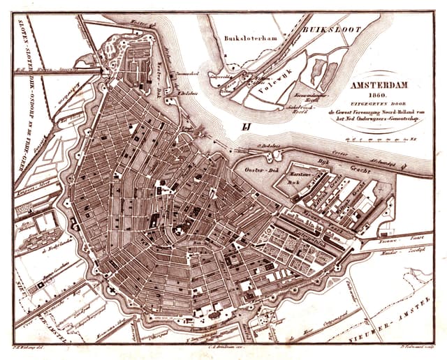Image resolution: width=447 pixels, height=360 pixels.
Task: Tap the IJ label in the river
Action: pyautogui.click(x=245, y=126)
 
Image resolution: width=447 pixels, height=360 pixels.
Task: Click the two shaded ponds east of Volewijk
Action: pyautogui.click(x=317, y=73)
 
